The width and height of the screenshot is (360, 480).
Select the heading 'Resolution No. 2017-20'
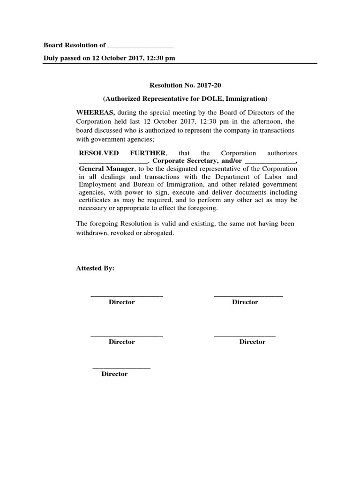[x=179, y=86]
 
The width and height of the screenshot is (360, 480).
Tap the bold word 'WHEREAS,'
[x=96, y=112]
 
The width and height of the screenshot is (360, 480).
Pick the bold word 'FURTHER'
[x=149, y=153]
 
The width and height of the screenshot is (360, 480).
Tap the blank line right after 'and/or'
[x=270, y=162]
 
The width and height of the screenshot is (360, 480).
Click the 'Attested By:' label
[x=95, y=269]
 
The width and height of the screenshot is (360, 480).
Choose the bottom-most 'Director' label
[x=114, y=374]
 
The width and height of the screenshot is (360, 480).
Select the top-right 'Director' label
[x=245, y=302]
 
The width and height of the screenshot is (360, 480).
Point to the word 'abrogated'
[x=158, y=232]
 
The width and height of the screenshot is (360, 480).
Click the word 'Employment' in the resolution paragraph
[x=95, y=185]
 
